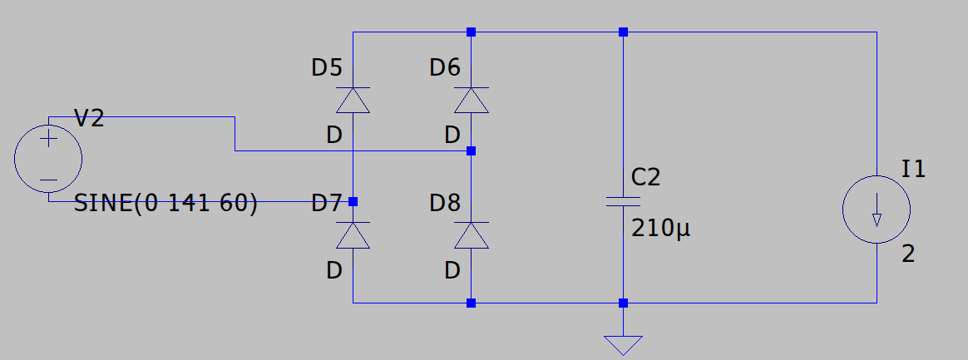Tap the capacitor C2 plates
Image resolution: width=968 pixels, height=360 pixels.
(x=623, y=201)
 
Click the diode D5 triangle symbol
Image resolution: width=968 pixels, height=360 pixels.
(x=353, y=100)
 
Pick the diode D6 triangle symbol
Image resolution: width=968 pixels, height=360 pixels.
(x=471, y=100)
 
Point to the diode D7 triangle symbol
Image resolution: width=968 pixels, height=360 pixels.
(x=353, y=235)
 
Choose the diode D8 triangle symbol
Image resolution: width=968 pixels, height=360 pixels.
(x=471, y=235)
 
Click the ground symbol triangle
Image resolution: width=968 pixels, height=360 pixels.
(x=623, y=345)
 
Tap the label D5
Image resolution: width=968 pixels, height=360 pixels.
(x=327, y=67)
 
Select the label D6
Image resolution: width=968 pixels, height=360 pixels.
(x=445, y=67)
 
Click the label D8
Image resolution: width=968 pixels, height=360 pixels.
(x=445, y=203)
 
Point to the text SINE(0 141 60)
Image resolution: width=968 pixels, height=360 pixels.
(x=165, y=203)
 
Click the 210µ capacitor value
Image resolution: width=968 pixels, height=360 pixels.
(x=660, y=229)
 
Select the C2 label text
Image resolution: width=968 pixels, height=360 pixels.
(x=645, y=178)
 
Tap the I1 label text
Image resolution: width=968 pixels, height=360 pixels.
(x=914, y=169)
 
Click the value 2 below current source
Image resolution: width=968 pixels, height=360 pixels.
(x=908, y=254)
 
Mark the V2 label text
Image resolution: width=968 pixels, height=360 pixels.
(x=89, y=118)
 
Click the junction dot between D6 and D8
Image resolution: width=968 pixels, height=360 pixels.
(x=471, y=150)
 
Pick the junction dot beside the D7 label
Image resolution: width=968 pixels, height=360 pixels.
(x=353, y=201)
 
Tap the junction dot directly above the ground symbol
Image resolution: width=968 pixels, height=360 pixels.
(x=623, y=303)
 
